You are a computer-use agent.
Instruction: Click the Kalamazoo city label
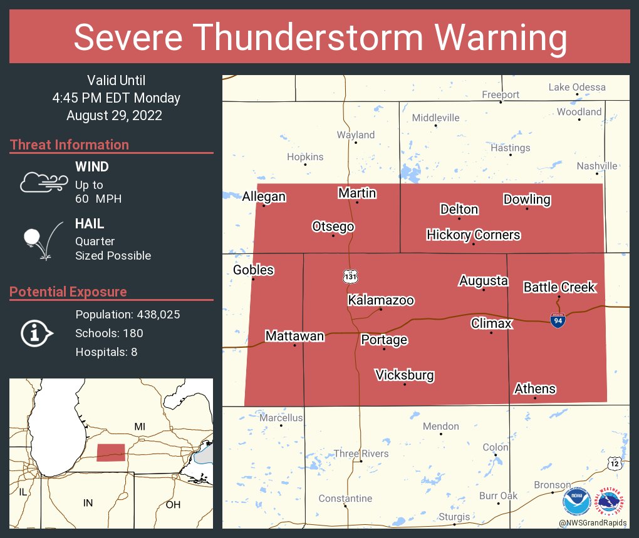point(381,300)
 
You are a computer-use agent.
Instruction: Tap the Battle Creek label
point(559,287)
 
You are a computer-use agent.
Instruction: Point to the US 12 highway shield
point(614,463)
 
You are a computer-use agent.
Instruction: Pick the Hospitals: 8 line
point(106,352)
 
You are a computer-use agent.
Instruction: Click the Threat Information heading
point(70,145)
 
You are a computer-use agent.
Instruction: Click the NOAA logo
point(576,501)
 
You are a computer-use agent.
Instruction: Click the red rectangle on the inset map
point(111,452)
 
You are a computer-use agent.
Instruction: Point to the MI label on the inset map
point(140,426)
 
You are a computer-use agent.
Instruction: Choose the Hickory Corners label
point(473,235)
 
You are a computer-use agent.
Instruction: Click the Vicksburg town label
point(404,375)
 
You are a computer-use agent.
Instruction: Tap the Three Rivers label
point(361,454)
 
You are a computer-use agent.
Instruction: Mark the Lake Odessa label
point(577,87)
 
